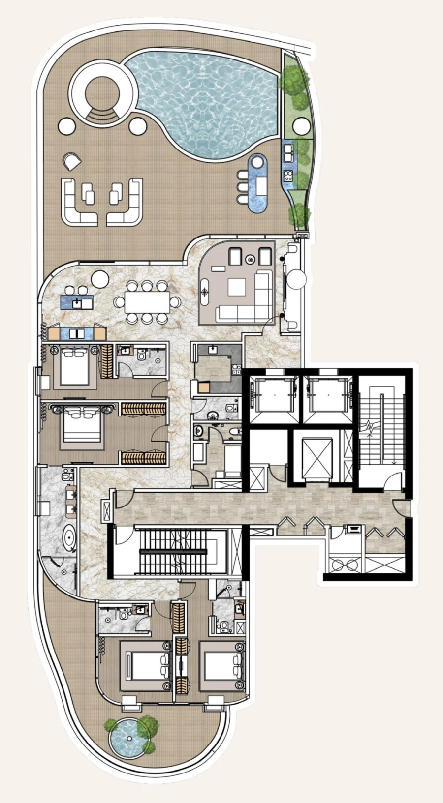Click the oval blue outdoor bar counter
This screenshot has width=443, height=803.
click(257, 183)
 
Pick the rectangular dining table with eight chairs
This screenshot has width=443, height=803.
click(147, 302)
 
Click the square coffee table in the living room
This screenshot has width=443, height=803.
click(237, 287)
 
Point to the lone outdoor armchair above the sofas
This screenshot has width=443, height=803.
click(72, 160)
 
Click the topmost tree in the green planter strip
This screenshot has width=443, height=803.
click(294, 78)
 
